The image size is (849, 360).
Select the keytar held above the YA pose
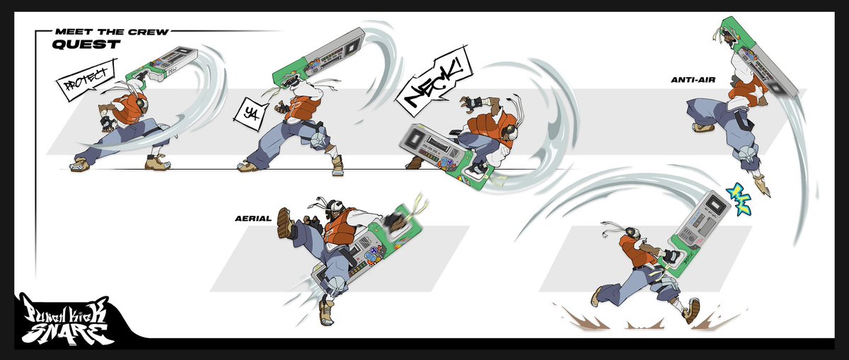click(x=318, y=53)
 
